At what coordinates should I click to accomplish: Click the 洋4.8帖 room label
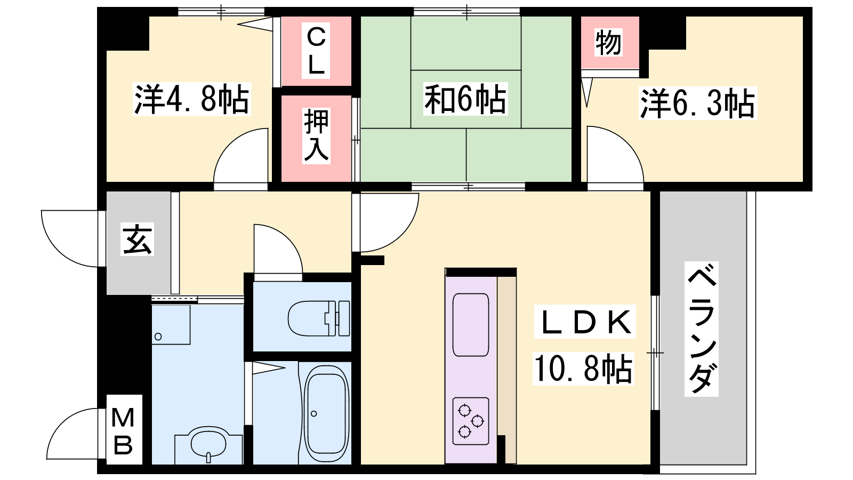191,99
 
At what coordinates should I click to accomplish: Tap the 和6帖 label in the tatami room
465,99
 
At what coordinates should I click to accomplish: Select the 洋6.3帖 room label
698,103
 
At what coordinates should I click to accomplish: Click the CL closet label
316,51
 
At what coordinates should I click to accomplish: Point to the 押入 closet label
316,136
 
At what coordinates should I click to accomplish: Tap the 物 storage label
608,42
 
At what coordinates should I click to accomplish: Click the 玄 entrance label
137,239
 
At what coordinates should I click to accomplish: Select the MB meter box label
123,430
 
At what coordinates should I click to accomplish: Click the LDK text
585,322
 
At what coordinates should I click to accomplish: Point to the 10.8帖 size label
583,369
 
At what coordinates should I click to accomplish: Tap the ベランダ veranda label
702,329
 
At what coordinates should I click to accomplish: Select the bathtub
327,414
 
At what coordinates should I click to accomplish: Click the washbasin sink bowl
208,444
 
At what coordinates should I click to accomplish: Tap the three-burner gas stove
471,421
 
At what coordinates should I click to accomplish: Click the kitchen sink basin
471,325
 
